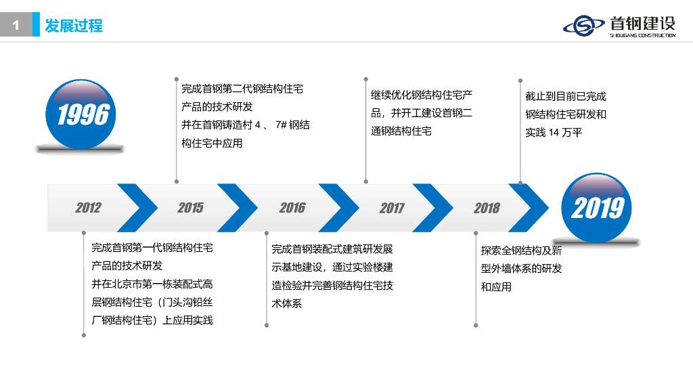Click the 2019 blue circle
tap(597, 207)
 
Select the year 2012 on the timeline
tap(88, 208)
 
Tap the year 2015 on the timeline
tap(190, 208)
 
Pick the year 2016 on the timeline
tap(292, 208)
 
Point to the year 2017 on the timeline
tap(392, 208)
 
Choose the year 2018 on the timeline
tap(487, 208)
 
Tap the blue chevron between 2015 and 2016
tap(238, 207)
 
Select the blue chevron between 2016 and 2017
tap(340, 207)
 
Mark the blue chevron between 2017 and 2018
tap(434, 207)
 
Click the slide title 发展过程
tap(74, 26)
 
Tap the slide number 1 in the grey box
tap(16, 26)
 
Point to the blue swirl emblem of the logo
tap(583, 26)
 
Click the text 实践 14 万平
tap(553, 133)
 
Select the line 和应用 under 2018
tap(496, 287)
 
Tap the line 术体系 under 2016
tap(287, 304)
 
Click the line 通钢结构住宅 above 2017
tap(401, 131)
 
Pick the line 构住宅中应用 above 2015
tap(212, 144)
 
